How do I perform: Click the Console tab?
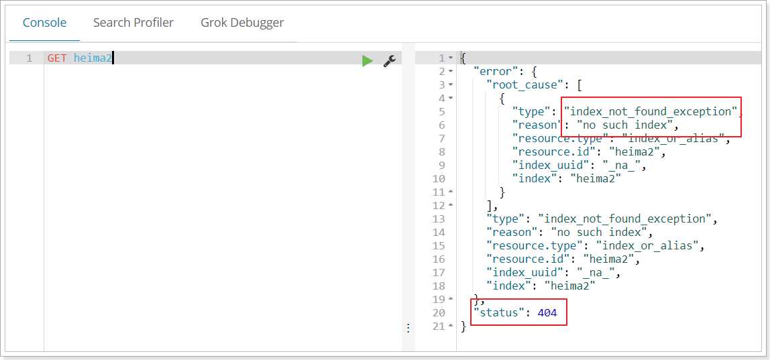coord(45,23)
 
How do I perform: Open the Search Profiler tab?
coord(133,23)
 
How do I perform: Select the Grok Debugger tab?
coord(242,23)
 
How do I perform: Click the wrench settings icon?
coord(390,61)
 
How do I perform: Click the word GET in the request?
coord(57,58)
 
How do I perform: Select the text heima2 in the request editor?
coord(93,58)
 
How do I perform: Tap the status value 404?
coord(547,312)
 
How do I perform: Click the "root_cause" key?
coord(525,85)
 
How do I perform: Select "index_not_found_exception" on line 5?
coord(651,111)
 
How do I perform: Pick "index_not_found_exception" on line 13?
coord(624,219)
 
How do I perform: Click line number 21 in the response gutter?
coord(439,326)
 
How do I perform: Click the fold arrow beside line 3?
coord(451,85)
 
